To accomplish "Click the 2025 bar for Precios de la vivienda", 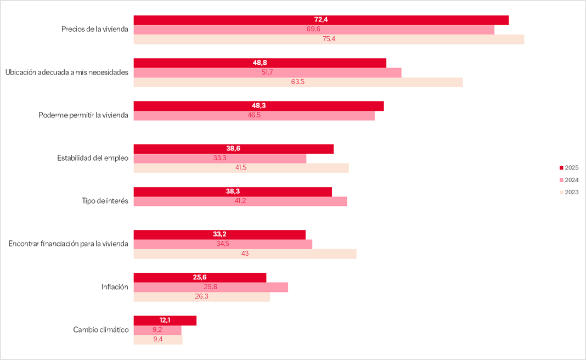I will pos(321,20).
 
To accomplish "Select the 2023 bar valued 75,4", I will pos(329,40).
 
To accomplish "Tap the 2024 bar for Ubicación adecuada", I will pos(267,72).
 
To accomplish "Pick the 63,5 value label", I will pos(298,82).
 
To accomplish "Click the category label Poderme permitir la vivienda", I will pos(83,115).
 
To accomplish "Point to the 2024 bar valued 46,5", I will pos(254,116).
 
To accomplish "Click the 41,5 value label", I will pos(241,168).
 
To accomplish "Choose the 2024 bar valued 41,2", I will pos(240,201).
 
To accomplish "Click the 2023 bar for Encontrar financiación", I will pos(245,254).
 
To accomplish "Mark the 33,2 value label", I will pos(219,234).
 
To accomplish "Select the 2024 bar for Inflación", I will pos(211,287).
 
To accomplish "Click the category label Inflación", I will pos(115,286).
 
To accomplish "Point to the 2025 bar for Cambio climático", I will pos(165,320).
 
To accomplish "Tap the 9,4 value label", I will pos(157,340).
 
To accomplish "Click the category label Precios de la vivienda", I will pos(94,30).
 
